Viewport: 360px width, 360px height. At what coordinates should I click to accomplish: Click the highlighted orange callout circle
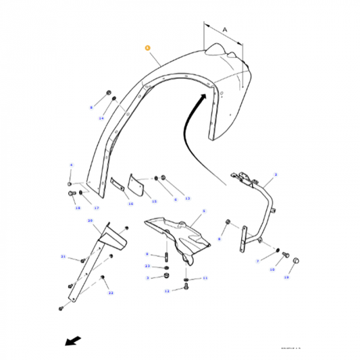click(x=147, y=49)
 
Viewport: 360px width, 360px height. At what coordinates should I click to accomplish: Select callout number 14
click(x=101, y=118)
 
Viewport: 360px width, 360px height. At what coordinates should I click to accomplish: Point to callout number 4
click(x=70, y=165)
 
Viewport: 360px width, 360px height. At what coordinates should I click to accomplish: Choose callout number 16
click(x=130, y=203)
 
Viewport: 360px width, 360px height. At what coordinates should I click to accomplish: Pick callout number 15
click(x=154, y=201)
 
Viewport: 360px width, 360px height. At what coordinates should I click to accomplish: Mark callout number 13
click(x=188, y=199)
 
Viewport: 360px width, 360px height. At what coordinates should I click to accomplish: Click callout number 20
click(x=89, y=221)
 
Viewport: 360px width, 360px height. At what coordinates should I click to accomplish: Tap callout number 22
click(x=111, y=292)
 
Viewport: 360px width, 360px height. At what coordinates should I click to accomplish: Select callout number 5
click(x=203, y=211)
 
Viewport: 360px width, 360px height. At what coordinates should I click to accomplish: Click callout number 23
click(x=148, y=267)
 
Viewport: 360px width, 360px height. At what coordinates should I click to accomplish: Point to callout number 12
click(x=166, y=291)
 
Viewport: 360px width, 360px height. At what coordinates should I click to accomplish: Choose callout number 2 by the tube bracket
click(x=276, y=175)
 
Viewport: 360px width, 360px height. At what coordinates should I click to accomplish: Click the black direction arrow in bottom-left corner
click(x=70, y=340)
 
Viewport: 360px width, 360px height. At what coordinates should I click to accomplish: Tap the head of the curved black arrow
click(x=201, y=98)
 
